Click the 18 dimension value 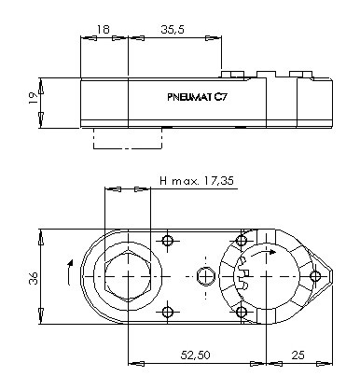pyautogui.click(x=104, y=29)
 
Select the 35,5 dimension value pyautogui.click(x=173, y=29)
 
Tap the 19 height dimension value pyautogui.click(x=34, y=98)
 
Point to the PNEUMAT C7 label pyautogui.click(x=198, y=97)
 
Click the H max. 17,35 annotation pyautogui.click(x=197, y=180)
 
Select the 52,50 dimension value pyautogui.click(x=195, y=355)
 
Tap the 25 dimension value pyautogui.click(x=298, y=355)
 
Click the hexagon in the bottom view pyautogui.click(x=128, y=276)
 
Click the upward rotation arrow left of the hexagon pyautogui.click(x=70, y=272)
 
